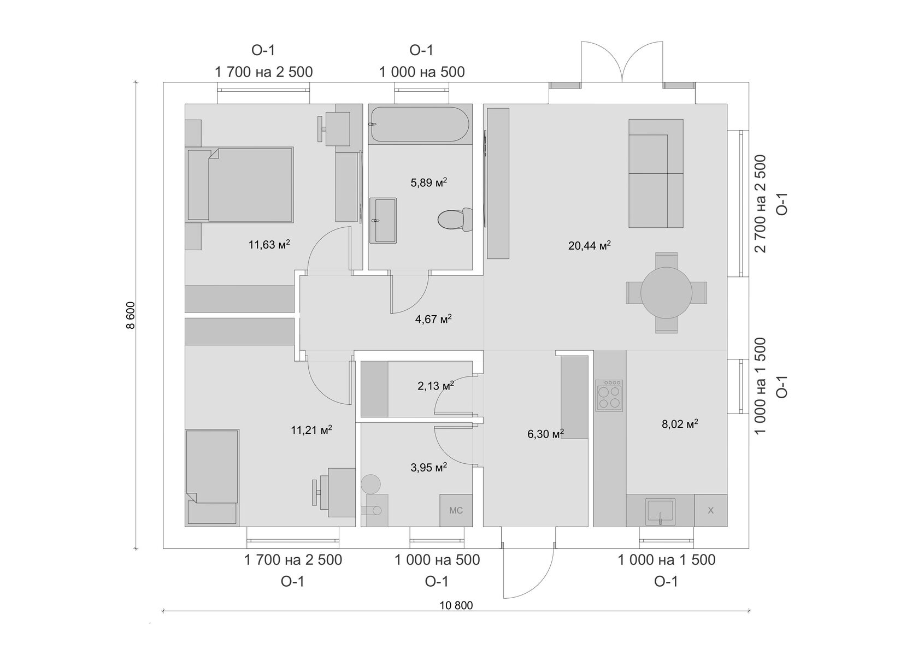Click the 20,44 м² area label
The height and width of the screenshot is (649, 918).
[589, 245]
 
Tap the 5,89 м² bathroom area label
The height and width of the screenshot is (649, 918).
[428, 182]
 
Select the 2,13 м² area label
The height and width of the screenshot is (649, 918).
[436, 386]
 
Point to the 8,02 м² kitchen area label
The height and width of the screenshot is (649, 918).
[680, 424]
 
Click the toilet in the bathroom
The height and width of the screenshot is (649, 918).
[455, 220]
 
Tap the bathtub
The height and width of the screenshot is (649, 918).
[419, 125]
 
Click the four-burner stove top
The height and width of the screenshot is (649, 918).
[610, 395]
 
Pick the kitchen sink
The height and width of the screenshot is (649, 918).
[660, 511]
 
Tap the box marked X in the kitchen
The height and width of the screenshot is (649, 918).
[710, 511]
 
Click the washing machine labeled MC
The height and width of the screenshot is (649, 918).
[456, 510]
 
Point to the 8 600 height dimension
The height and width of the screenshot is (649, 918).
[130, 316]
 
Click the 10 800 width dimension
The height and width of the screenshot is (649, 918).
[456, 605]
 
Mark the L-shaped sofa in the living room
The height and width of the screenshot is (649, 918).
[656, 173]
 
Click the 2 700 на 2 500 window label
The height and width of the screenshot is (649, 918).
[760, 203]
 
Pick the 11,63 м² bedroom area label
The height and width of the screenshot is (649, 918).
[269, 245]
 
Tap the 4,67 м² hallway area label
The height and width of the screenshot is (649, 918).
[433, 319]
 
